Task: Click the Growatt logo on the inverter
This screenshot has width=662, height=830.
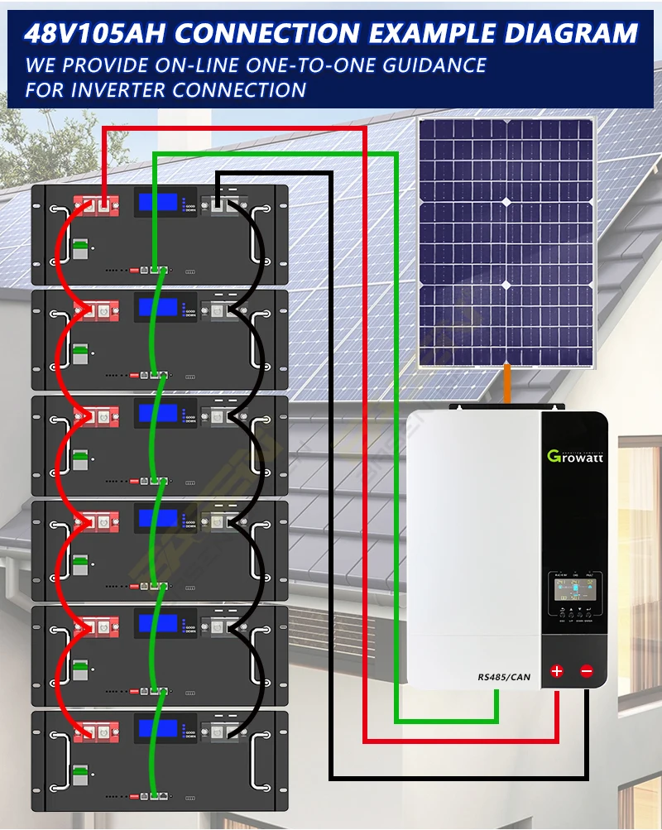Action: pos(575,456)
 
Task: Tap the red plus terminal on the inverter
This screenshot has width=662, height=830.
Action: pos(557,671)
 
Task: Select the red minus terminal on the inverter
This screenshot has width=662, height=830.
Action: pos(587,671)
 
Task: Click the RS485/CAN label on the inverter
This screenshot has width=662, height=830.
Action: pos(504,678)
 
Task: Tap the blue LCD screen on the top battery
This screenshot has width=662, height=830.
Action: pos(157,202)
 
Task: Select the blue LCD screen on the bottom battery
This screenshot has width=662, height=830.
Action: pos(157,729)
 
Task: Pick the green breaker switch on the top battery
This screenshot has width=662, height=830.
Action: pos(80,249)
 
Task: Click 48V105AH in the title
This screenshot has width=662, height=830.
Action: pos(94,34)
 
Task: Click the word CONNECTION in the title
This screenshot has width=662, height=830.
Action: pos(267,34)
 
